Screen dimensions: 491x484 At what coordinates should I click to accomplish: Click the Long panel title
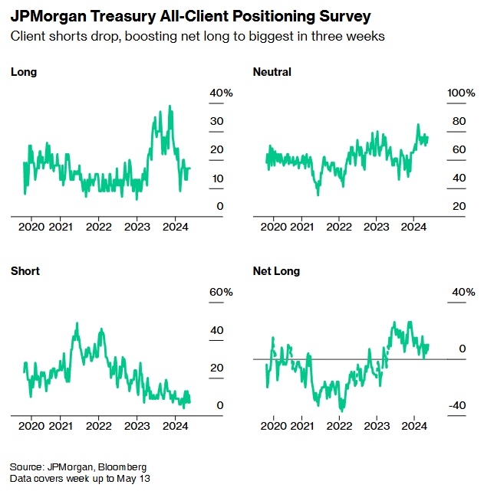click(24, 72)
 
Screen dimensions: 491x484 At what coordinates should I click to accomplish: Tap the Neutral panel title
click(272, 72)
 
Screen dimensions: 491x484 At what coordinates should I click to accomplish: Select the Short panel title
click(25, 271)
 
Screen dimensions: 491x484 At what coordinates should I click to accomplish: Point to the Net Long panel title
click(277, 271)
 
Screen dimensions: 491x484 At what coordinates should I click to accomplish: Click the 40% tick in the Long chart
click(221, 93)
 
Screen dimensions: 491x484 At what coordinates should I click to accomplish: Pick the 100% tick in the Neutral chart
click(462, 93)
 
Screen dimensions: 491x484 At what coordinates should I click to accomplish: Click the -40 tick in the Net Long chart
click(457, 405)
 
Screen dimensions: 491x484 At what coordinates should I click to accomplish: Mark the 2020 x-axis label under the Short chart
click(31, 425)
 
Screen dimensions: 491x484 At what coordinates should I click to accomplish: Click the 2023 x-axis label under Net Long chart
click(376, 425)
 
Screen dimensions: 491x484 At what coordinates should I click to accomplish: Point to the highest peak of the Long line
click(170, 106)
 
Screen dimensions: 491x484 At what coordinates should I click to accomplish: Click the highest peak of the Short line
click(77, 323)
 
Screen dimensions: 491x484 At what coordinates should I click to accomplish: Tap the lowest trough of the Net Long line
click(341, 411)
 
